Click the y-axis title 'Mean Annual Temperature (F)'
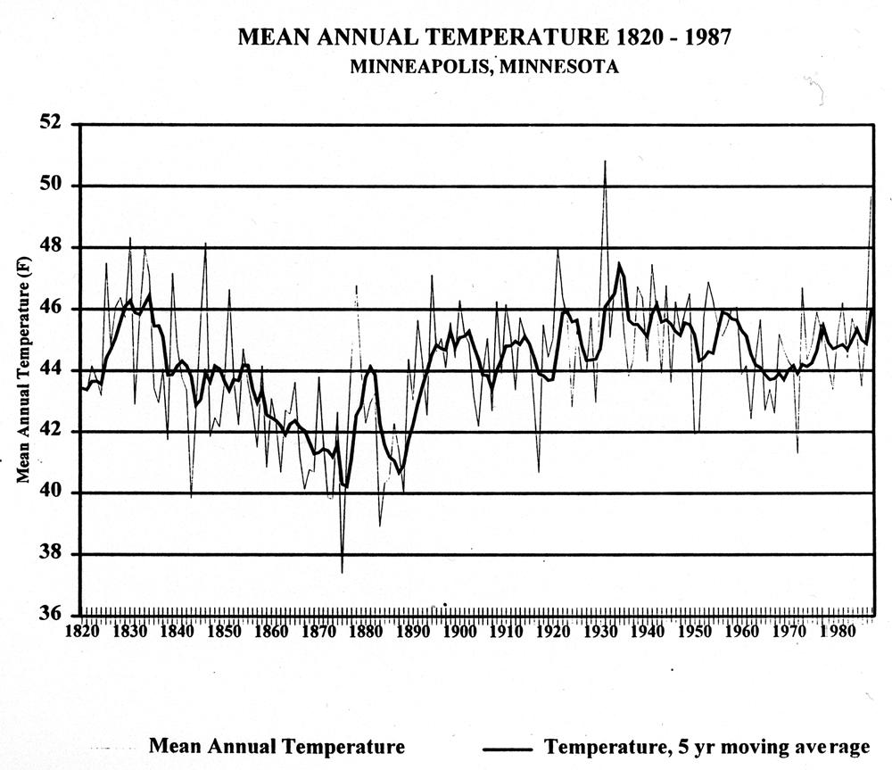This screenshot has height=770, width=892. pyautogui.click(x=26, y=370)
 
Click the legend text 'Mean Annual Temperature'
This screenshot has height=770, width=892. pyautogui.click(x=277, y=746)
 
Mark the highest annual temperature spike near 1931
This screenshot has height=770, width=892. pyautogui.click(x=605, y=161)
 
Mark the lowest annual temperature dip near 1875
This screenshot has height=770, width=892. pyautogui.click(x=342, y=572)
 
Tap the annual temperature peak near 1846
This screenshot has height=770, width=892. pyautogui.click(x=205, y=243)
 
